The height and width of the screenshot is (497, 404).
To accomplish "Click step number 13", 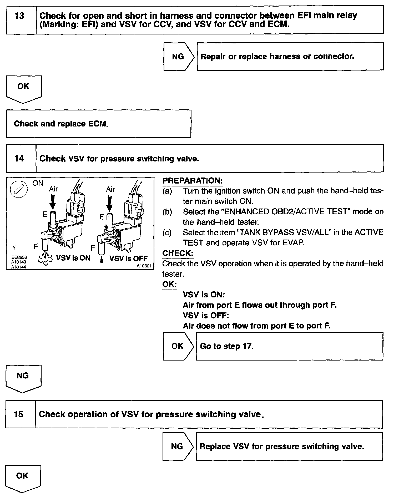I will click(x=20, y=16).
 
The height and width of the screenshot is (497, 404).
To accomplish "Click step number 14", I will click(x=19, y=159).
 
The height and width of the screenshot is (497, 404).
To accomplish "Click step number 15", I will click(x=19, y=414).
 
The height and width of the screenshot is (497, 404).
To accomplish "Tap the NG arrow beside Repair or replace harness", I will click(x=179, y=57).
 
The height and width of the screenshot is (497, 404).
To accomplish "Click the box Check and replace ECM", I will click(x=98, y=124).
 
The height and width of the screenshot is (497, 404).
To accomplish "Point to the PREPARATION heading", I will click(x=193, y=181).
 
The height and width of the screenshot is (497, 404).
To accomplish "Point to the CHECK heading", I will click(x=178, y=253).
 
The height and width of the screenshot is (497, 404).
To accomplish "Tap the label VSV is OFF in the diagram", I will click(x=128, y=258).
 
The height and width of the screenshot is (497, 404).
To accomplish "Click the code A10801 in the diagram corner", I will click(x=144, y=266).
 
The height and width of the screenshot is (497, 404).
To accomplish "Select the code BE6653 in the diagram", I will click(x=19, y=257).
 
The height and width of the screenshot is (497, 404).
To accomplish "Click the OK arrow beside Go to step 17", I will click(x=178, y=346).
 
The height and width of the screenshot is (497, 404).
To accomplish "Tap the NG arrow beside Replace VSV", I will click(x=178, y=446).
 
